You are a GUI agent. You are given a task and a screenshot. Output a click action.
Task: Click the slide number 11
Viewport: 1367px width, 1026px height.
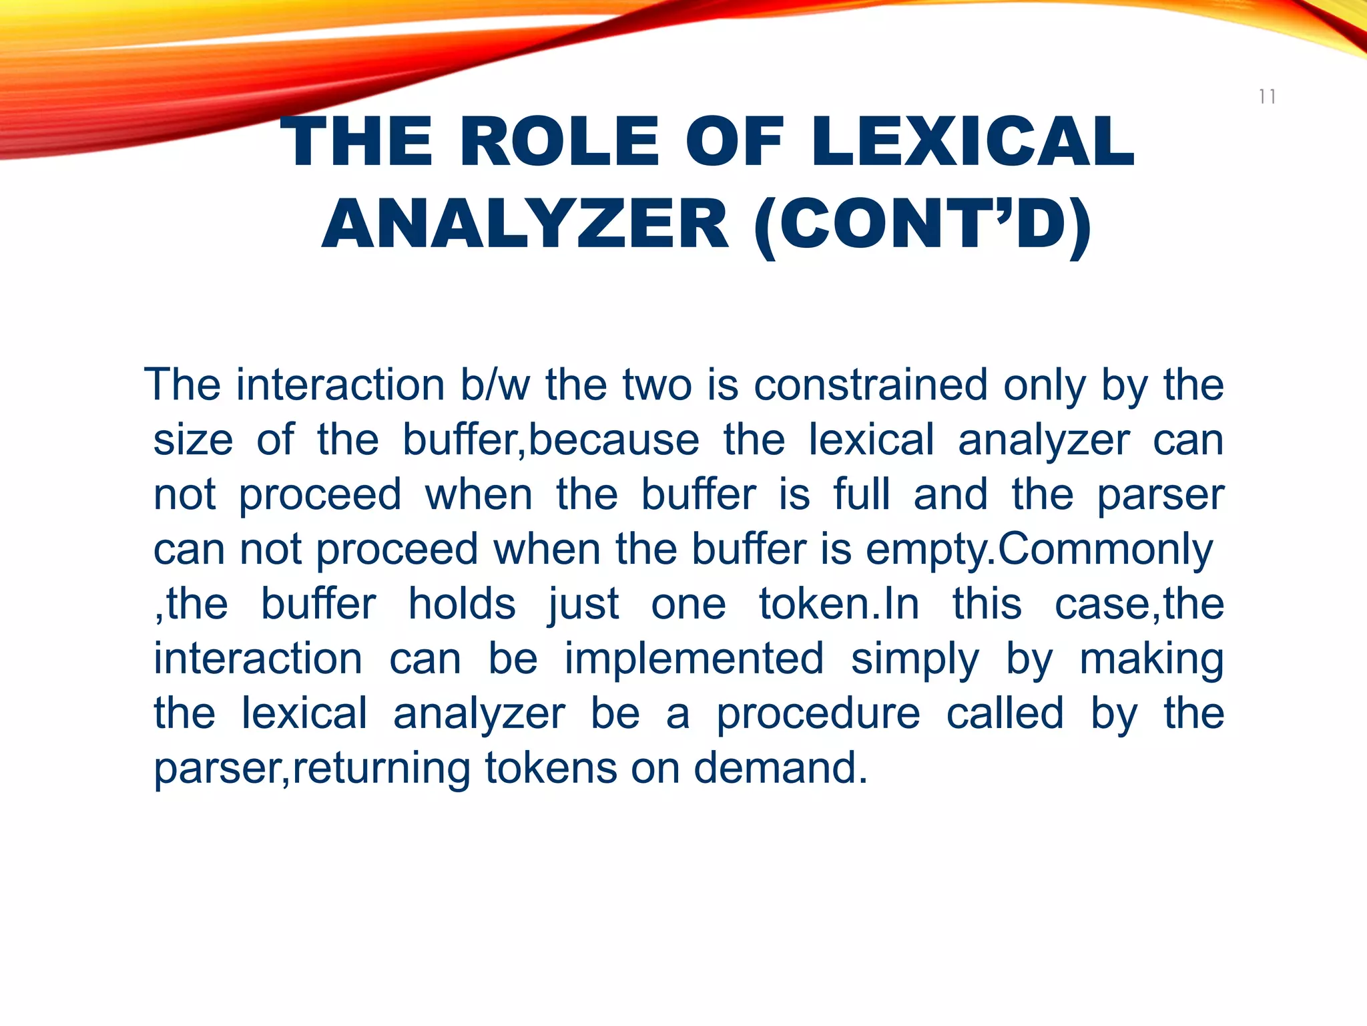[x=1267, y=98]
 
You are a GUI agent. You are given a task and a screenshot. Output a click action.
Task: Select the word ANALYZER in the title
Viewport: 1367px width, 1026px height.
[x=525, y=224]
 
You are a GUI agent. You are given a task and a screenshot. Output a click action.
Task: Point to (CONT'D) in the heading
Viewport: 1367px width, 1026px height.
[x=922, y=224]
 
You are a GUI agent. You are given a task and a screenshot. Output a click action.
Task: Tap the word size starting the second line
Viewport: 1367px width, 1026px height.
[x=193, y=441]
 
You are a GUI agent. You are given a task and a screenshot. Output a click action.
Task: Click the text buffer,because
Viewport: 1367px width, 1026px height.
[x=551, y=441]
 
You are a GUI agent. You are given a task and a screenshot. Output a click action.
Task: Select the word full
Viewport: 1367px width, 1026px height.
[x=861, y=496]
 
